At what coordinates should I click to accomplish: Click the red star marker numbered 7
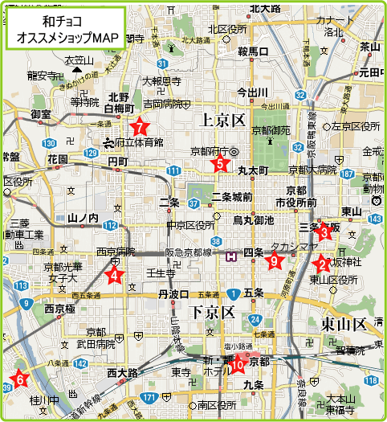(141, 127)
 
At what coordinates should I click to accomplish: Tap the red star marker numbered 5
(218, 164)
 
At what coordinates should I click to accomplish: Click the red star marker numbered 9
(274, 260)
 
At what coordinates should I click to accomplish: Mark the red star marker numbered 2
(322, 263)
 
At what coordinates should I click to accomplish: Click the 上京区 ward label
(221, 121)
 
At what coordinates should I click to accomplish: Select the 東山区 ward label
(344, 324)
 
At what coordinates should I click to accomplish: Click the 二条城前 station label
(232, 198)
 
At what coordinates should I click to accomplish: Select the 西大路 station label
(123, 373)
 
